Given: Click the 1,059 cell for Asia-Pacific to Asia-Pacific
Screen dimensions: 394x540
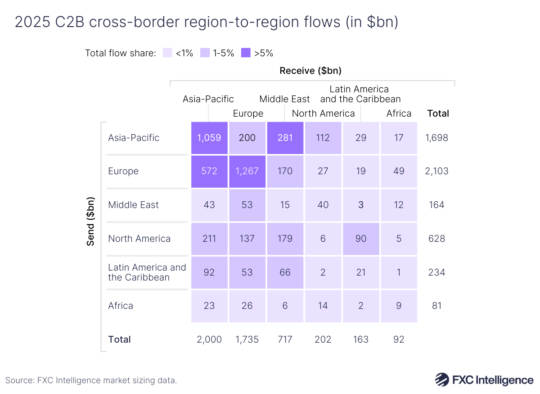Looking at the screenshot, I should [x=209, y=138].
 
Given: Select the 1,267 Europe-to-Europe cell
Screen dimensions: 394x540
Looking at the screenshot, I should [x=247, y=171].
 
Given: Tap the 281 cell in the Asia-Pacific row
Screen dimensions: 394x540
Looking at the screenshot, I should [x=285, y=138].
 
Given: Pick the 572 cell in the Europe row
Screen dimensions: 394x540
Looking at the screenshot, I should [x=209, y=171].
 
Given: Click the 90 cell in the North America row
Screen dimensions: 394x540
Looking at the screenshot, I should [x=360, y=239].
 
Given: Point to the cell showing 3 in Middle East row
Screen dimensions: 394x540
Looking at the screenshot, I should [x=360, y=205].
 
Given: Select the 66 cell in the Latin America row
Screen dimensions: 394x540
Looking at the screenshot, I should [x=285, y=272].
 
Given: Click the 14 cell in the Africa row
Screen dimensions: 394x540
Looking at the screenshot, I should [x=323, y=306].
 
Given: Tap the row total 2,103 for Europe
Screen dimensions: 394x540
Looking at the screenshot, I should [x=436, y=171].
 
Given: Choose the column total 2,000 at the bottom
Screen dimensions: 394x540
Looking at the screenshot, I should [x=209, y=340].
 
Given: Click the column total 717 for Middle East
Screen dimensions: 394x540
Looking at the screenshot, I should [x=285, y=340].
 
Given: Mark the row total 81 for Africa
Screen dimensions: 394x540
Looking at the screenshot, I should [x=436, y=306].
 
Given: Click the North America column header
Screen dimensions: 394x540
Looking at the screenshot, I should [x=323, y=113].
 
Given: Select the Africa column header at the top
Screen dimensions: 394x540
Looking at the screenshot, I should [x=399, y=113].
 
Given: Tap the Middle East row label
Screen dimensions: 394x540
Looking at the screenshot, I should [x=134, y=205].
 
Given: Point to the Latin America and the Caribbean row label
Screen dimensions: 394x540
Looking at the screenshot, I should [x=147, y=272].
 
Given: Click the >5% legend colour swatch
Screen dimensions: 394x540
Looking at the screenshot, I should [x=246, y=53].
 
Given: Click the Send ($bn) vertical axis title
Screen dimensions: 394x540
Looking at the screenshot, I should [x=90, y=221].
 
